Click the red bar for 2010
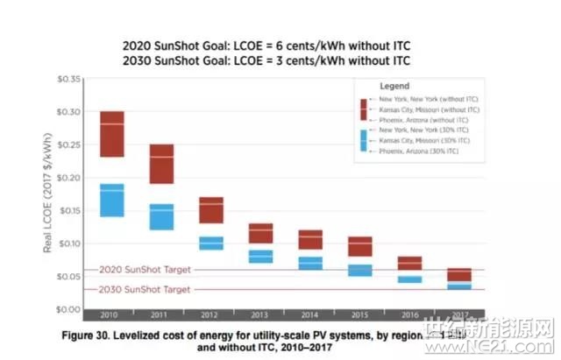(x=111, y=134)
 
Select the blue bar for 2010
(x=111, y=200)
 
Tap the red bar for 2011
(x=160, y=164)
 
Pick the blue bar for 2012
(x=210, y=243)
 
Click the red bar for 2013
(x=260, y=233)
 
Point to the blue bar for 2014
(x=309, y=263)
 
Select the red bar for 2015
(x=359, y=246)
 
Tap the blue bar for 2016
(x=409, y=279)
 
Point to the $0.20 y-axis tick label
(x=67, y=178)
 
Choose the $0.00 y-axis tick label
(x=67, y=309)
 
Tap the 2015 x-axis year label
(x=359, y=314)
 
